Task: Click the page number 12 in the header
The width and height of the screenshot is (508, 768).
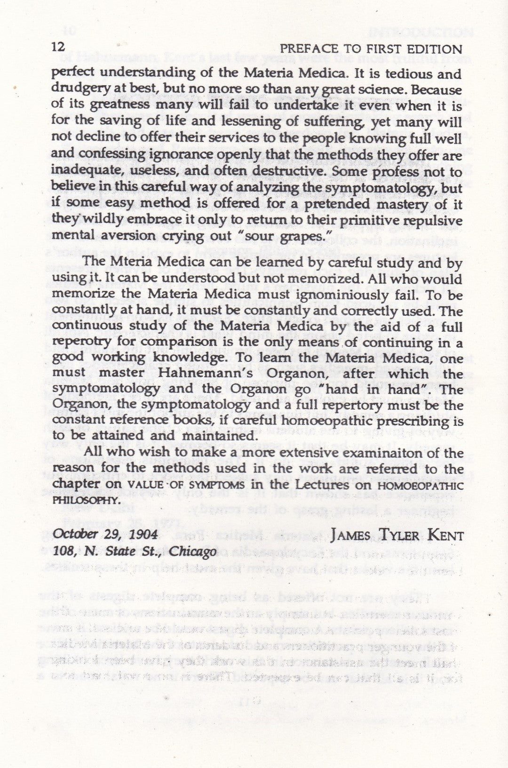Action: coord(59,48)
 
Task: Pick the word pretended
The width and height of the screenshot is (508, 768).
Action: coord(344,204)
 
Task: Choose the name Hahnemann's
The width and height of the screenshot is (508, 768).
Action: coord(181,374)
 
